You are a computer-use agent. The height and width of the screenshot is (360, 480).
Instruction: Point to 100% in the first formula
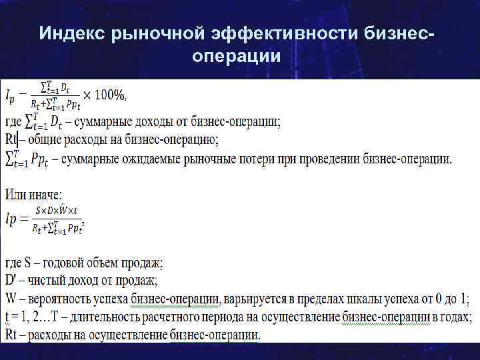point(109,95)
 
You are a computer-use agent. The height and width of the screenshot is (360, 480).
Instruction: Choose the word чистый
point(52,281)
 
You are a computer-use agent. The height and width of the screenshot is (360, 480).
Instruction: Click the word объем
point(105,263)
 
